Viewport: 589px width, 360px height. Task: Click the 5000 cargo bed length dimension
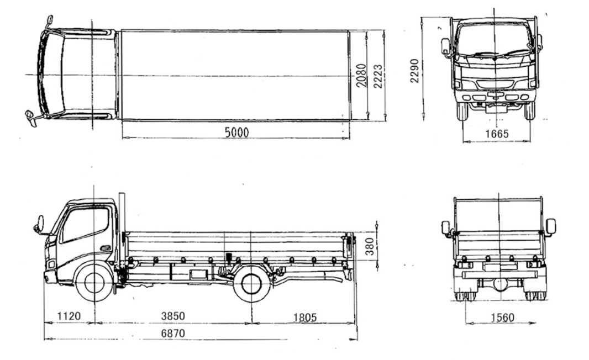point(236,132)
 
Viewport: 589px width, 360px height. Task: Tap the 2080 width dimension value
point(361,76)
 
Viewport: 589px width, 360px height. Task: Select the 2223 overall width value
point(378,77)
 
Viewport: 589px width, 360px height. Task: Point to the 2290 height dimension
point(414,71)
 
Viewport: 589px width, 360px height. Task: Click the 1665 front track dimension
point(497,134)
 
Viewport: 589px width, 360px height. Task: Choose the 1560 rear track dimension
point(502,317)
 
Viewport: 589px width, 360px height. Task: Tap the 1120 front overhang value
point(69,316)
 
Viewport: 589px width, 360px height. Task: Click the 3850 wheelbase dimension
point(173,316)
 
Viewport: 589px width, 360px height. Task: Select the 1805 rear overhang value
point(304,317)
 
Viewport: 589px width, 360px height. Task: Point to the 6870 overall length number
point(173,333)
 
